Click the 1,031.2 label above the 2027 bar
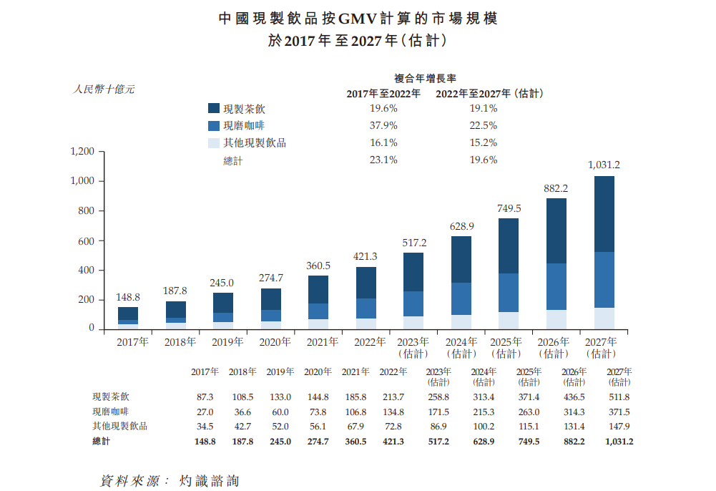[603, 165]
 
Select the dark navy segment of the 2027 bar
[604, 214]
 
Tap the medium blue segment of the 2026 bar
[556, 286]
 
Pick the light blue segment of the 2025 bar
[509, 321]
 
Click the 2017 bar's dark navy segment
[128, 313]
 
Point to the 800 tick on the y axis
[86, 211]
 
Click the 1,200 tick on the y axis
[83, 152]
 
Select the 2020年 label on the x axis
[275, 342]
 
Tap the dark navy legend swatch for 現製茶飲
[213, 109]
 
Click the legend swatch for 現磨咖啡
[213, 126]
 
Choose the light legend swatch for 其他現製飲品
[213, 143]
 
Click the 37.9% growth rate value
[383, 126]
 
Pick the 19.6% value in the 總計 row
[483, 160]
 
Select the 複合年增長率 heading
[426, 77]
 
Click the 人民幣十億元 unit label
[104, 89]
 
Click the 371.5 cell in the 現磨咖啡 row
[619, 412]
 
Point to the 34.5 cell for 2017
[205, 427]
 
